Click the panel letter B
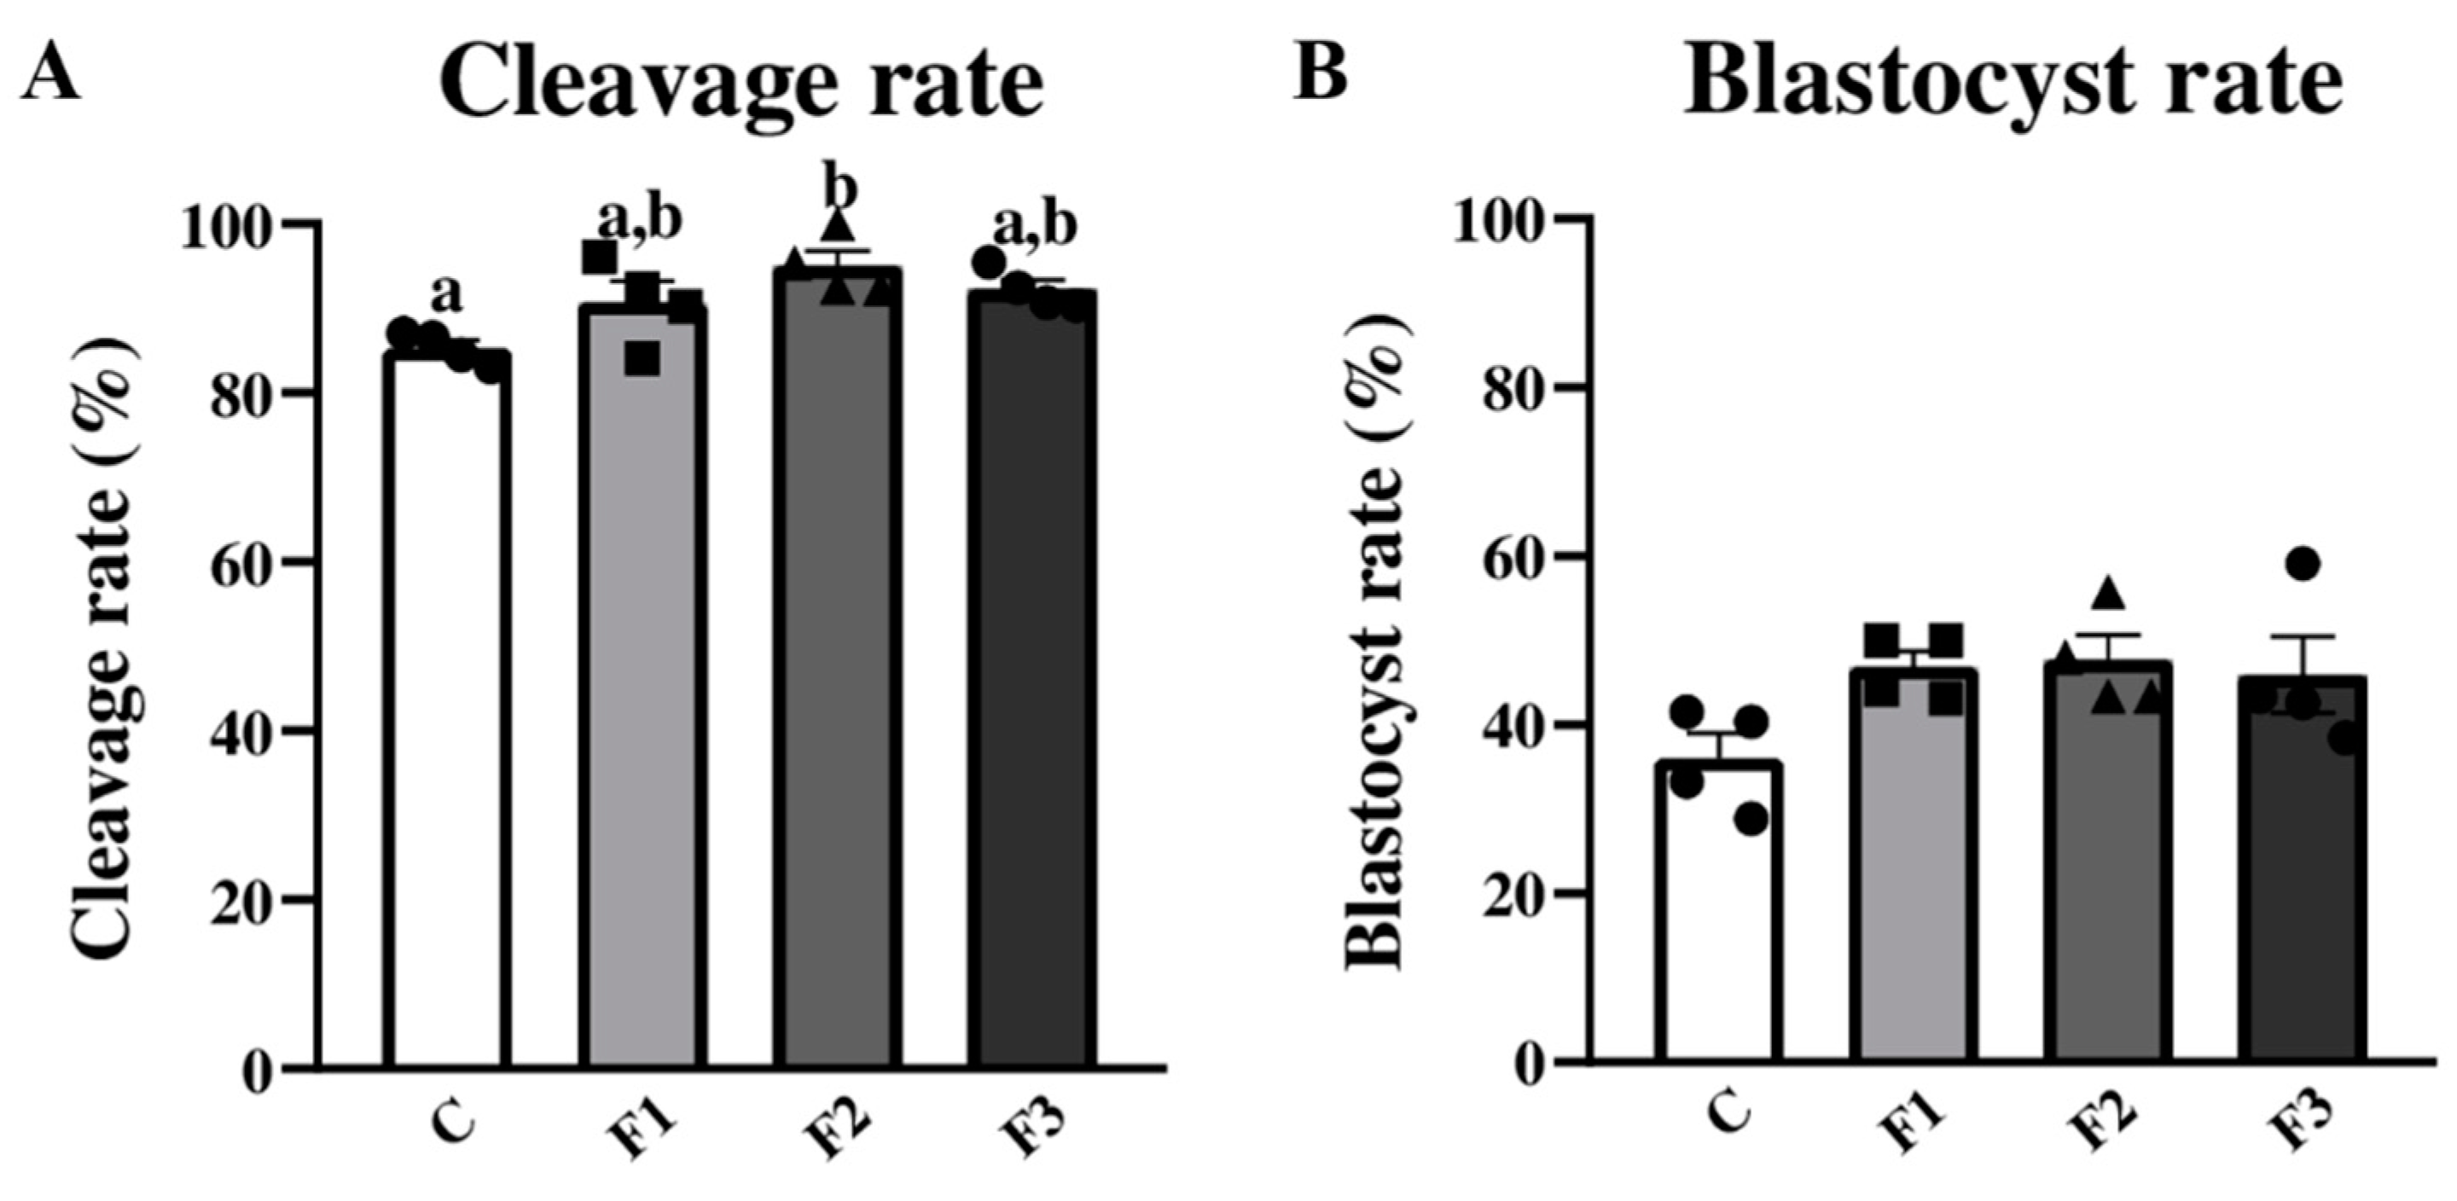point(1320,69)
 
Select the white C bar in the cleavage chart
point(446,716)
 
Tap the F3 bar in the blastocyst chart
point(2301,878)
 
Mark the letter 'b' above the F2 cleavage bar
point(839,188)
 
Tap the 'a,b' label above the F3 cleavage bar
point(1035,225)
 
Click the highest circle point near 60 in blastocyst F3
point(2302,564)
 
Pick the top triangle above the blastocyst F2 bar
point(2109,592)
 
